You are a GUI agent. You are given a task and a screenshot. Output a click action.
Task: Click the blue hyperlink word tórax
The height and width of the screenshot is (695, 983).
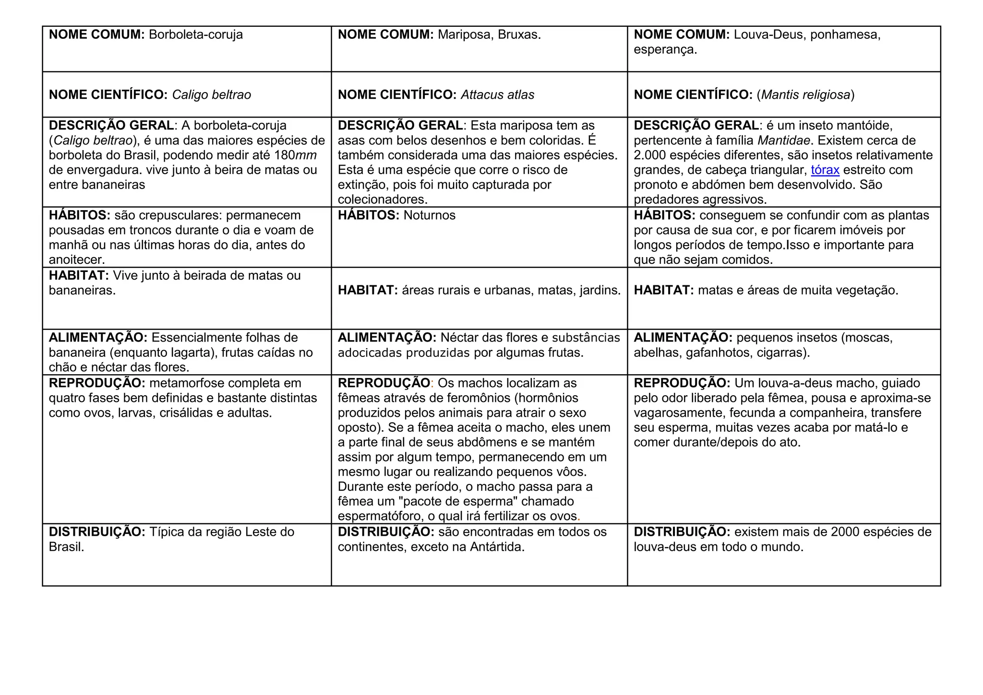pyautogui.click(x=825, y=170)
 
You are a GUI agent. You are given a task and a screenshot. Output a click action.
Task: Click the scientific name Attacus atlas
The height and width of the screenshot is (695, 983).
pyautogui.click(x=497, y=95)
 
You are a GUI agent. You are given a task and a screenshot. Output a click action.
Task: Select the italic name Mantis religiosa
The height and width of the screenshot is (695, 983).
pyautogui.click(x=805, y=95)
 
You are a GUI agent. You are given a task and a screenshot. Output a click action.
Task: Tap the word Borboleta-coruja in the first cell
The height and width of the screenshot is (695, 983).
pyautogui.click(x=196, y=35)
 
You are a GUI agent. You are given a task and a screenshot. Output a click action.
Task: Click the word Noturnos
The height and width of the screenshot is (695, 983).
pyautogui.click(x=429, y=215)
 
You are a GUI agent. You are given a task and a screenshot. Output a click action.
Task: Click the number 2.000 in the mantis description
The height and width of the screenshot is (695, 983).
pyautogui.click(x=649, y=155)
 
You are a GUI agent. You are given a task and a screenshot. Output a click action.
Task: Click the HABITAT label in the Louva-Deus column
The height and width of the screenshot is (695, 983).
pyautogui.click(x=663, y=290)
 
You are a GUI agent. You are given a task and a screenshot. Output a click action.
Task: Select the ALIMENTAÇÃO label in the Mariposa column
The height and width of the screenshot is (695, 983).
pyautogui.click(x=387, y=338)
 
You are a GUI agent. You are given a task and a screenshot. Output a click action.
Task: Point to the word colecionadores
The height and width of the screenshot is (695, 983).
pyautogui.click(x=382, y=200)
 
